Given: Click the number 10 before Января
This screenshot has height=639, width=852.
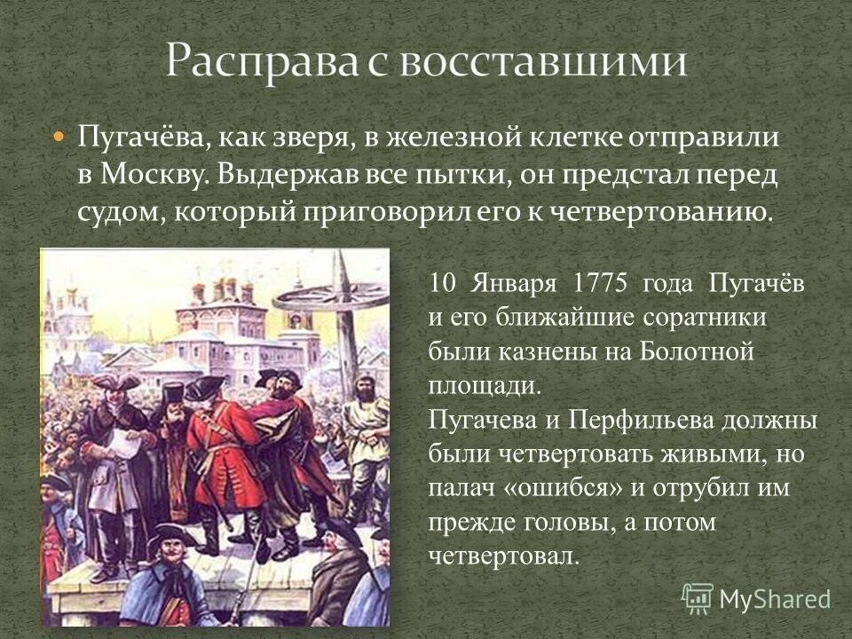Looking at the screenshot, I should (x=441, y=283).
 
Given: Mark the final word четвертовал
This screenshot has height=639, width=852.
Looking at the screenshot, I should (x=503, y=556).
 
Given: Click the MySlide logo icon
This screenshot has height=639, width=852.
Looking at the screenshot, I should (x=698, y=597).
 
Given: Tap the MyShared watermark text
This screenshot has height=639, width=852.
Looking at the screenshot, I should (x=774, y=599).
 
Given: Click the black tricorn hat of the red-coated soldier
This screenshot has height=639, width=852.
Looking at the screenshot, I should (x=206, y=388).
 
